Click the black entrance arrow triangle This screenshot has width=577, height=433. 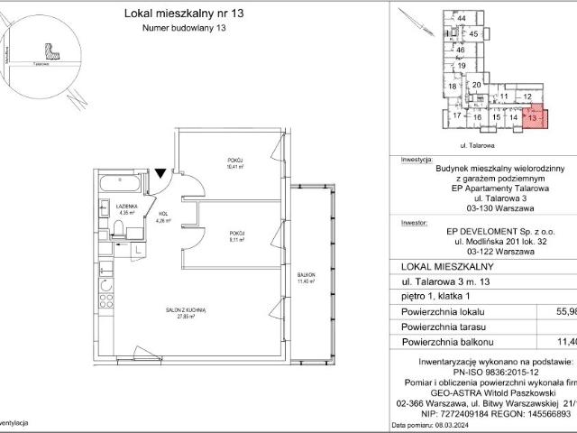pos(160,172)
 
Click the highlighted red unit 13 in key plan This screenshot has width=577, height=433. pos(534,117)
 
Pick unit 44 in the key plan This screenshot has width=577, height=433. pos(461,18)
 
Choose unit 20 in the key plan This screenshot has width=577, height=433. pos(476,84)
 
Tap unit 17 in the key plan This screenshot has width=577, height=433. pos(457,116)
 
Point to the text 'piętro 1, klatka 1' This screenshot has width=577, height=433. pos(435,294)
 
